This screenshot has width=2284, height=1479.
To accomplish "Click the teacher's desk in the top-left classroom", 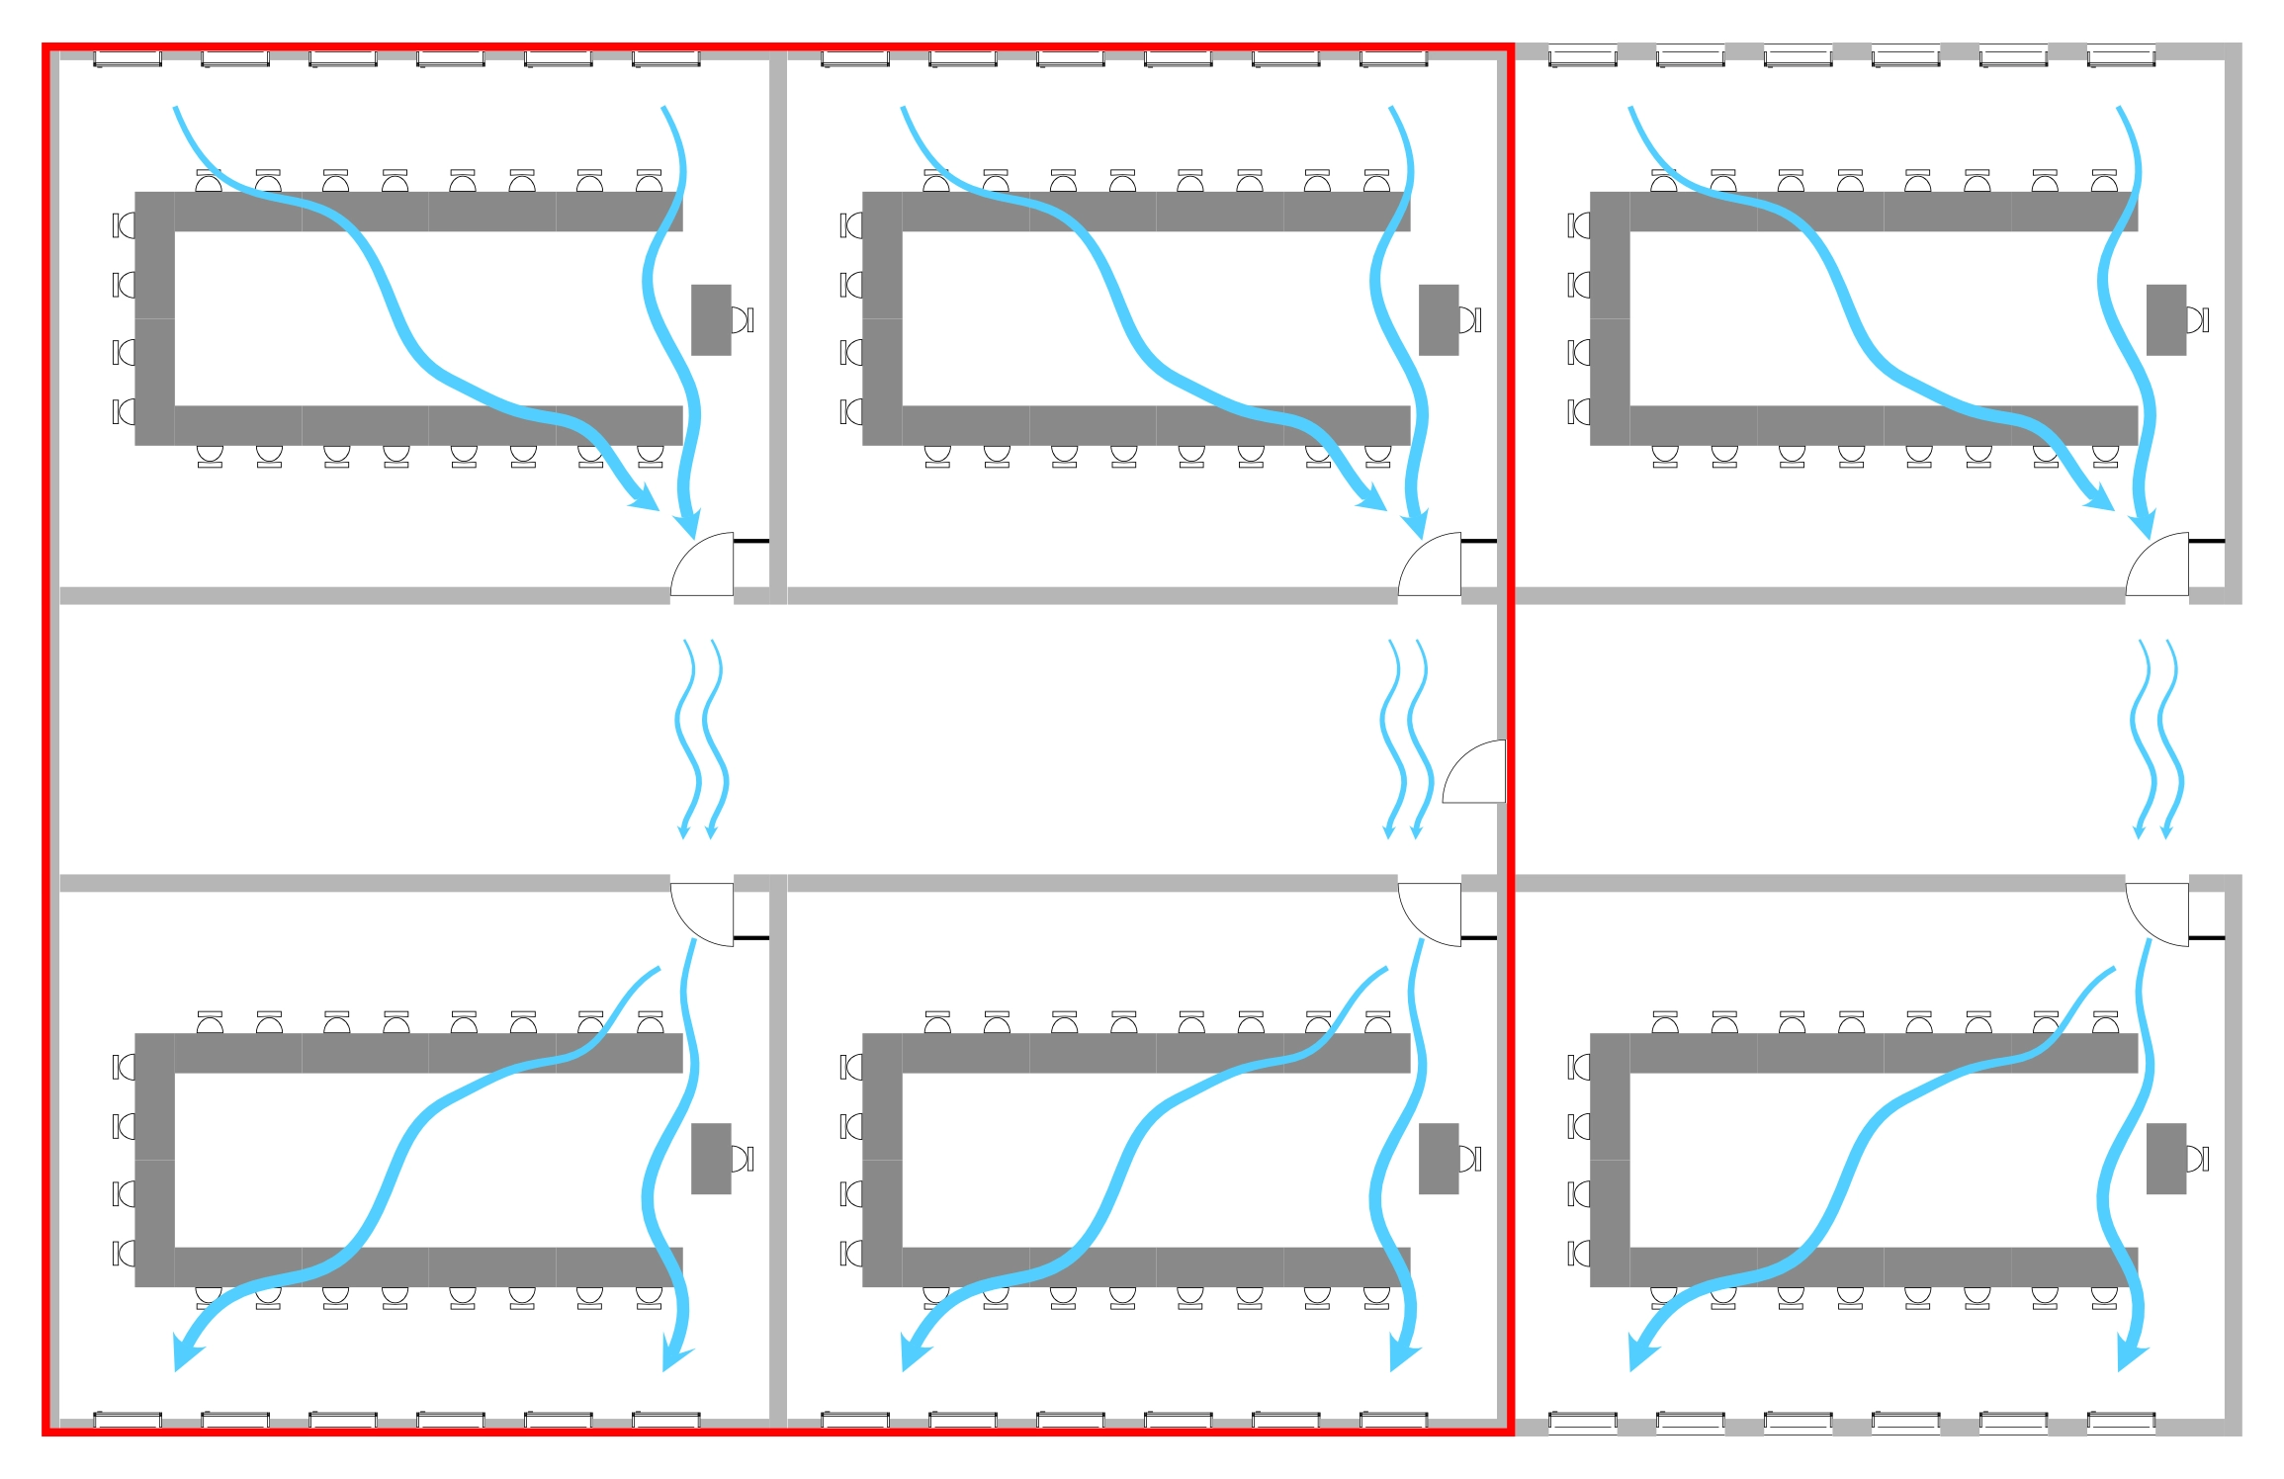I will (x=710, y=319).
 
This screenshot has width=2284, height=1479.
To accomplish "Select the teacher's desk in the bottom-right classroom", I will (x=2165, y=1158).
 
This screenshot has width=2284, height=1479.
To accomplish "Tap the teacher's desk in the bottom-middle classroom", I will (x=1438, y=1158).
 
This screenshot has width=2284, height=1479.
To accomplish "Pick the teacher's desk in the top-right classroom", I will (x=2165, y=319).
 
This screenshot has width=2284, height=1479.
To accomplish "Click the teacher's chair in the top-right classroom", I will (x=2197, y=319).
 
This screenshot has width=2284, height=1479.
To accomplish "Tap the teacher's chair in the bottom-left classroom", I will (x=742, y=1158).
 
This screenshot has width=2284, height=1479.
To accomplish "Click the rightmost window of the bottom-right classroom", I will (x=2121, y=1422).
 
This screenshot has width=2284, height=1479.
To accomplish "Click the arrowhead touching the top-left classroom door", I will (x=688, y=523).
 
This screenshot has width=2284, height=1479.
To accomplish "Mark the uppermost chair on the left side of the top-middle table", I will (x=851, y=225).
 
